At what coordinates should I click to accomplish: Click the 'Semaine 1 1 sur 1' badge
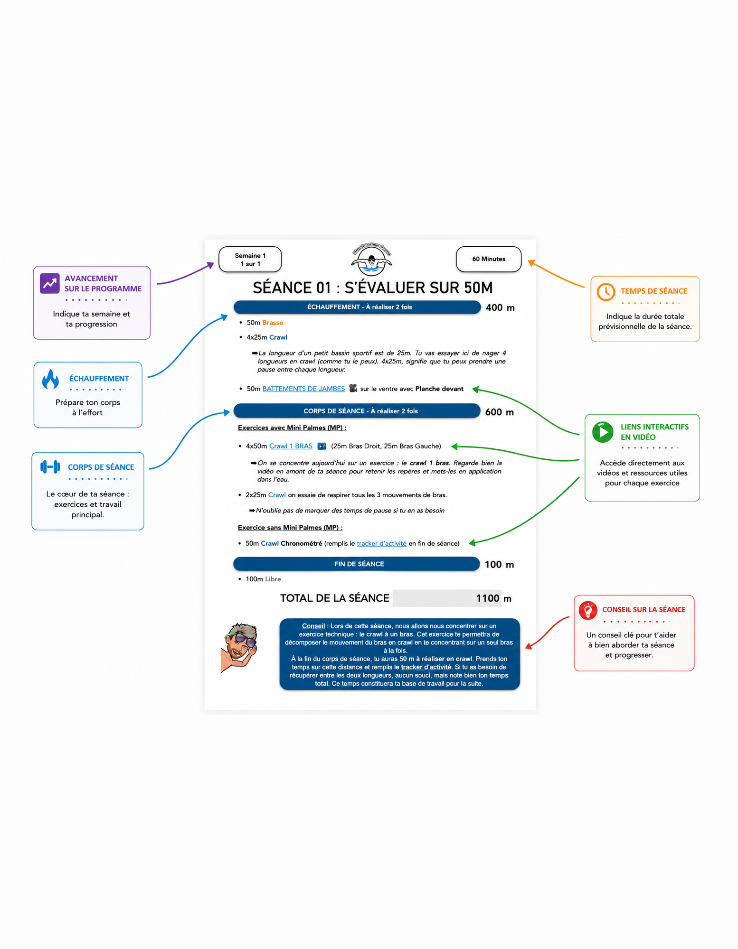click(250, 260)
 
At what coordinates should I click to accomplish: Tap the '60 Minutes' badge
click(489, 259)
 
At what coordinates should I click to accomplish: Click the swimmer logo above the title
click(371, 259)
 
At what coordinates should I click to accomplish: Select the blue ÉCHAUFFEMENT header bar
click(357, 307)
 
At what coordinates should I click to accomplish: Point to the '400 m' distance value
click(500, 307)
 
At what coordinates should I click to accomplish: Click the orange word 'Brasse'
click(273, 323)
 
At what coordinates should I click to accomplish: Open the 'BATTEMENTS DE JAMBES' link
click(303, 389)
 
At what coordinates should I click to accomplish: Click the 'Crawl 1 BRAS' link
click(291, 446)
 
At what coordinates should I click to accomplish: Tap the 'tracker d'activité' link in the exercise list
click(381, 543)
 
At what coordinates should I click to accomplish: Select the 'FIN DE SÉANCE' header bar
click(357, 564)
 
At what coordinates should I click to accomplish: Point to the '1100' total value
click(488, 598)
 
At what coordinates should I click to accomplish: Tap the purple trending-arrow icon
click(50, 283)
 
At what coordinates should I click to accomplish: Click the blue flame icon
click(50, 379)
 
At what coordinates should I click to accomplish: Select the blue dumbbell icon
click(50, 467)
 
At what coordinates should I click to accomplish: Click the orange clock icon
click(606, 292)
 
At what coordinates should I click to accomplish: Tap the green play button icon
click(603, 432)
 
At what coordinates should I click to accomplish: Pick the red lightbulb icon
click(588, 610)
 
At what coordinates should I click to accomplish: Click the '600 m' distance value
click(500, 412)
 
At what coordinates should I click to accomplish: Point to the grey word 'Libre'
click(273, 579)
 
